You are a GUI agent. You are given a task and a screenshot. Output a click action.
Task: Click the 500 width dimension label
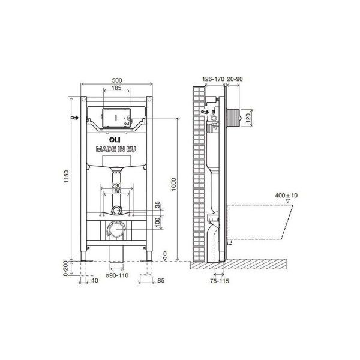tap(116, 80)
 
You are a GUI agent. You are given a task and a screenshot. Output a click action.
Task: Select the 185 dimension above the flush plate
tap(116, 88)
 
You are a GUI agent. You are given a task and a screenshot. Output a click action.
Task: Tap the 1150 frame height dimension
tap(66, 176)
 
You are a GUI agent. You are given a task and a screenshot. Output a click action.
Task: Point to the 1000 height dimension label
tap(174, 184)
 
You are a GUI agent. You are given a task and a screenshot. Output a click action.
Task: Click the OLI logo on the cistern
tap(115, 140)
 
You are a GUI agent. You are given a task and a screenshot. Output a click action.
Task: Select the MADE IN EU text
tap(116, 149)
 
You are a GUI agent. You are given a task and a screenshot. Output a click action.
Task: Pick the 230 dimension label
tap(116, 185)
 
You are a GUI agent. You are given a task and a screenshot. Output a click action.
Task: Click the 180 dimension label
tap(116, 191)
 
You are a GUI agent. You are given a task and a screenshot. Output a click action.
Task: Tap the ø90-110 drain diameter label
tap(117, 275)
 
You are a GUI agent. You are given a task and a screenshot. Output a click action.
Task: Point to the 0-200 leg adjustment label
tap(65, 268)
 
